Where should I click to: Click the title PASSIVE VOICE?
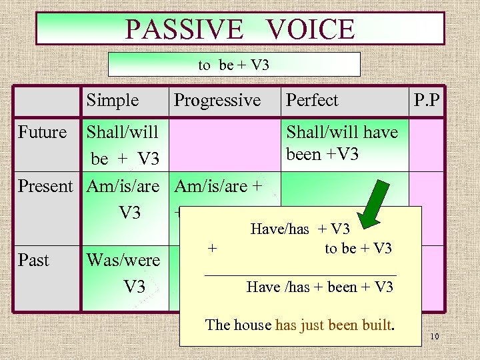[x=240, y=29]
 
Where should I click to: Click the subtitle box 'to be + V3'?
[x=233, y=65]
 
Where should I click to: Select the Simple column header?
[x=112, y=101]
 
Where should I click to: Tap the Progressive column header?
[x=217, y=101]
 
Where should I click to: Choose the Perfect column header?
[x=312, y=101]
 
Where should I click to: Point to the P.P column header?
[x=427, y=101]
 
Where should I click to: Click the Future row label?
[x=43, y=132]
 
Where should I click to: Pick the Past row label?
[x=34, y=259]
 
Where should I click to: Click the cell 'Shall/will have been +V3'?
[x=341, y=143]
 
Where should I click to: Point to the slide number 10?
[x=434, y=337]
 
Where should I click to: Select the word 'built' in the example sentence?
[x=377, y=325]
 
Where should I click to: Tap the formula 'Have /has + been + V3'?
[x=319, y=287]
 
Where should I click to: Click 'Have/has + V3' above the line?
[x=300, y=229]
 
